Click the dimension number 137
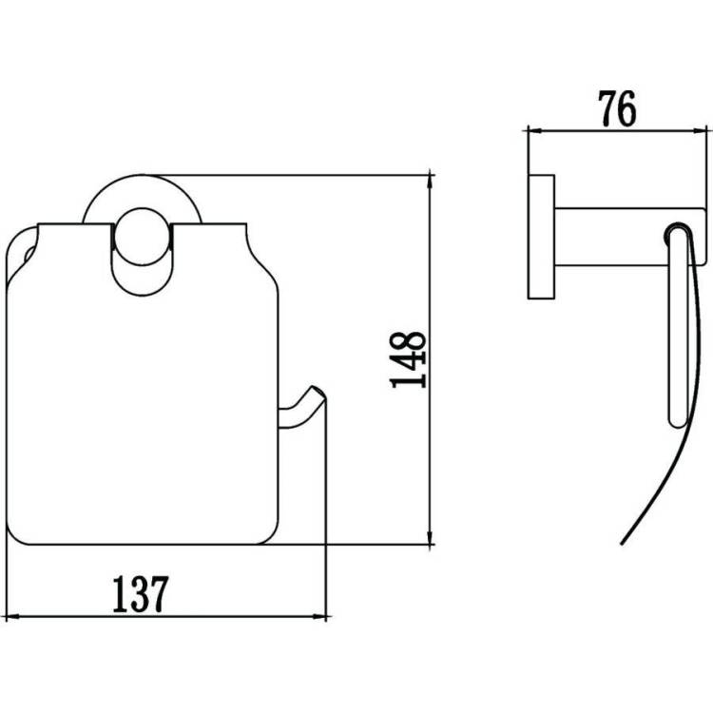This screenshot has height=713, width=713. [141, 594]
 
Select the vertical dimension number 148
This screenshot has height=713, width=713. [408, 359]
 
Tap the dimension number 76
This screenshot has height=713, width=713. [617, 108]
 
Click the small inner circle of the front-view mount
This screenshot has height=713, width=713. [142, 237]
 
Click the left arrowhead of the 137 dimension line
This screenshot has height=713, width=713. [11, 617]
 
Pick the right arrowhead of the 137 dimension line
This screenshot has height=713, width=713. [319, 617]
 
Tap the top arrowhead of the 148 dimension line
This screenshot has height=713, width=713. [430, 183]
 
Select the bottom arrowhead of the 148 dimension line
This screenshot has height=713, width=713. [430, 536]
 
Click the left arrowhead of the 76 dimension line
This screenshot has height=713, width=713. [534, 131]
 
